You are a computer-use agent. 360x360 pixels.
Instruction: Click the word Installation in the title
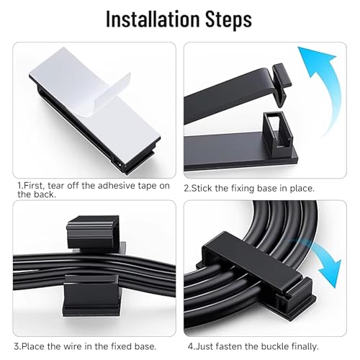click(153, 19)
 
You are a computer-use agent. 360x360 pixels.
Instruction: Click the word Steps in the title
click(228, 20)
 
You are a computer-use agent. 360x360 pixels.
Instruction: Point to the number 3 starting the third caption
click(17, 346)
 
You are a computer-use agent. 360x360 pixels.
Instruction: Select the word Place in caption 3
click(33, 346)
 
